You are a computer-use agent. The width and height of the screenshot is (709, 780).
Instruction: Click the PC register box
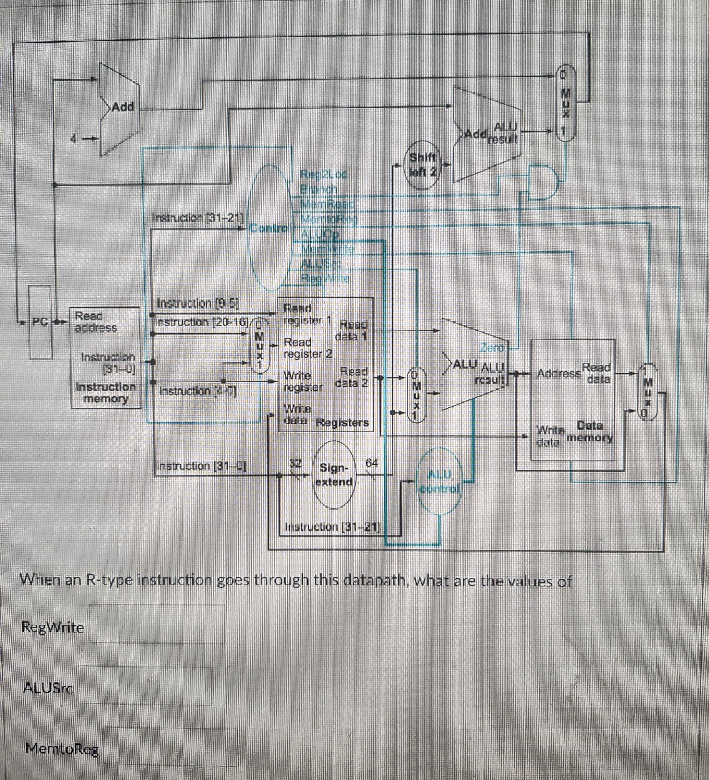[39, 323]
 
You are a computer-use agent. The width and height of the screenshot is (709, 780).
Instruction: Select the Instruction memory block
[106, 358]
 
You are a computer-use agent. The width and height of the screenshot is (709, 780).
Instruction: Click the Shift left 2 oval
[422, 166]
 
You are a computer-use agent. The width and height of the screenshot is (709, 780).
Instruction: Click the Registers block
[325, 364]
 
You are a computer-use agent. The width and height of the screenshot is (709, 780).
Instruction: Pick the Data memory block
[572, 400]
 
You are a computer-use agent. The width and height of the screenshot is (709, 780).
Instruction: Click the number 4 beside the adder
[75, 138]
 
